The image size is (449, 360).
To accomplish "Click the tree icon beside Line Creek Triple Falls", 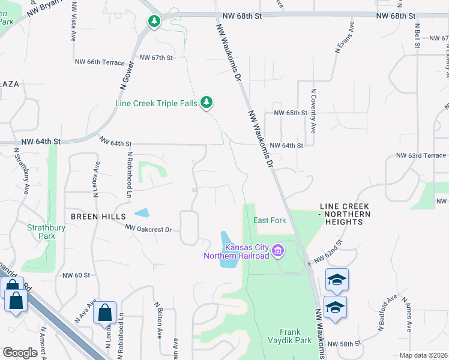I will coord(207,103).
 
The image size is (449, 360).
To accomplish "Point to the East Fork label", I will coord(270,220).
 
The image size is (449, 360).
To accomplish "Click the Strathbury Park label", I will coord(41,232).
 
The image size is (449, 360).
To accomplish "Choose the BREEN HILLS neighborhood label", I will coord(98,216).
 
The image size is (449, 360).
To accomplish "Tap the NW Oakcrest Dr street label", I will coord(148,229).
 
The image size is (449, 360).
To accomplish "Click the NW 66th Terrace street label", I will coord(100,62).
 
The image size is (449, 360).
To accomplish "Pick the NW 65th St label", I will coord(290,113).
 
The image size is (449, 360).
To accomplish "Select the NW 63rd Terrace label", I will coord(421,155).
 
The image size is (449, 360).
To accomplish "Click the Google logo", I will coord(20,353).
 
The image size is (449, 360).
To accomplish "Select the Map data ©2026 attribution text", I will coord(424,355).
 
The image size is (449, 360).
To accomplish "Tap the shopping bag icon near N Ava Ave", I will coord(104,313).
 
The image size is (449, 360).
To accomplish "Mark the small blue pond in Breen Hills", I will coord(142,212).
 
